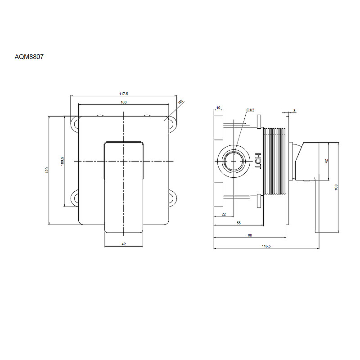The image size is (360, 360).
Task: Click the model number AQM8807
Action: tap(29, 57)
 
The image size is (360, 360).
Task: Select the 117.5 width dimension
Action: tap(123, 94)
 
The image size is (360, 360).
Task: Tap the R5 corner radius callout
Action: tap(181, 102)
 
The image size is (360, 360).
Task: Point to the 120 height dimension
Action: tap(47, 170)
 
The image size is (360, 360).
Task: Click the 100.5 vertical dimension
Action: tap(62, 161)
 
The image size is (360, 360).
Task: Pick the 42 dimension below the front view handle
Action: tap(124, 244)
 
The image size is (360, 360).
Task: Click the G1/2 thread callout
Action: tap(250, 110)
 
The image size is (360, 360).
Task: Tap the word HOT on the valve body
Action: tap(258, 161)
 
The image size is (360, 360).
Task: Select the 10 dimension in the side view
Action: tap(218, 108)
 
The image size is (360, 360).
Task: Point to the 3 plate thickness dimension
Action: tap(295, 111)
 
